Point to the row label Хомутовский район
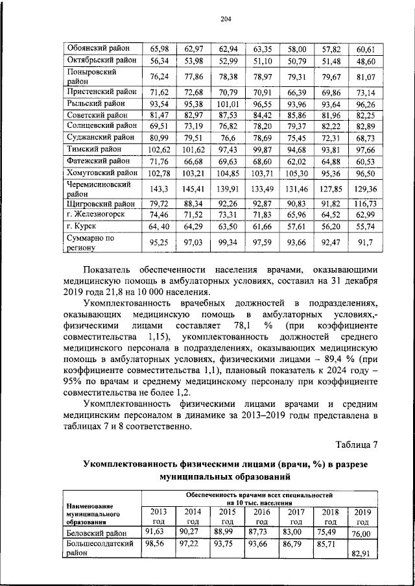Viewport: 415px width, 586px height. coord(102,173)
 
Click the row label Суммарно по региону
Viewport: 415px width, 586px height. coord(91,243)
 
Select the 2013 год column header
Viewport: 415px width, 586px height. coord(158,516)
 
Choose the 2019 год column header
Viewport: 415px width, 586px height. coord(363,517)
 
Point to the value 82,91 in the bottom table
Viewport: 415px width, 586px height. coord(363,554)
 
